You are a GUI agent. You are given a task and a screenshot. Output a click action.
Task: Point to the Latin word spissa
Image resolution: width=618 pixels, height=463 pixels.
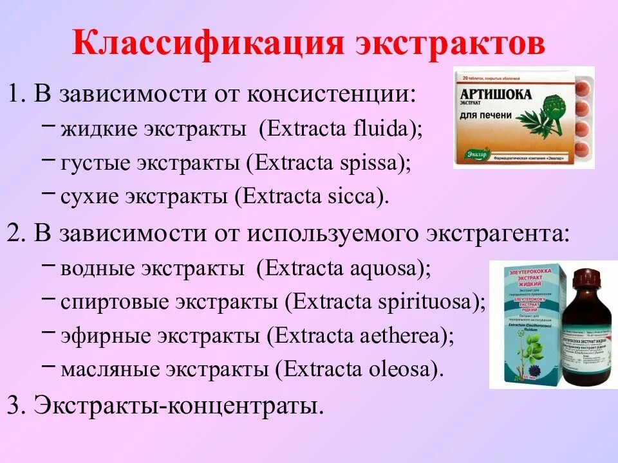tap(373, 163)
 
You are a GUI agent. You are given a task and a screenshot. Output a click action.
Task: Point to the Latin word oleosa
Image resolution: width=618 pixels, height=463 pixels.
tap(406, 368)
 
